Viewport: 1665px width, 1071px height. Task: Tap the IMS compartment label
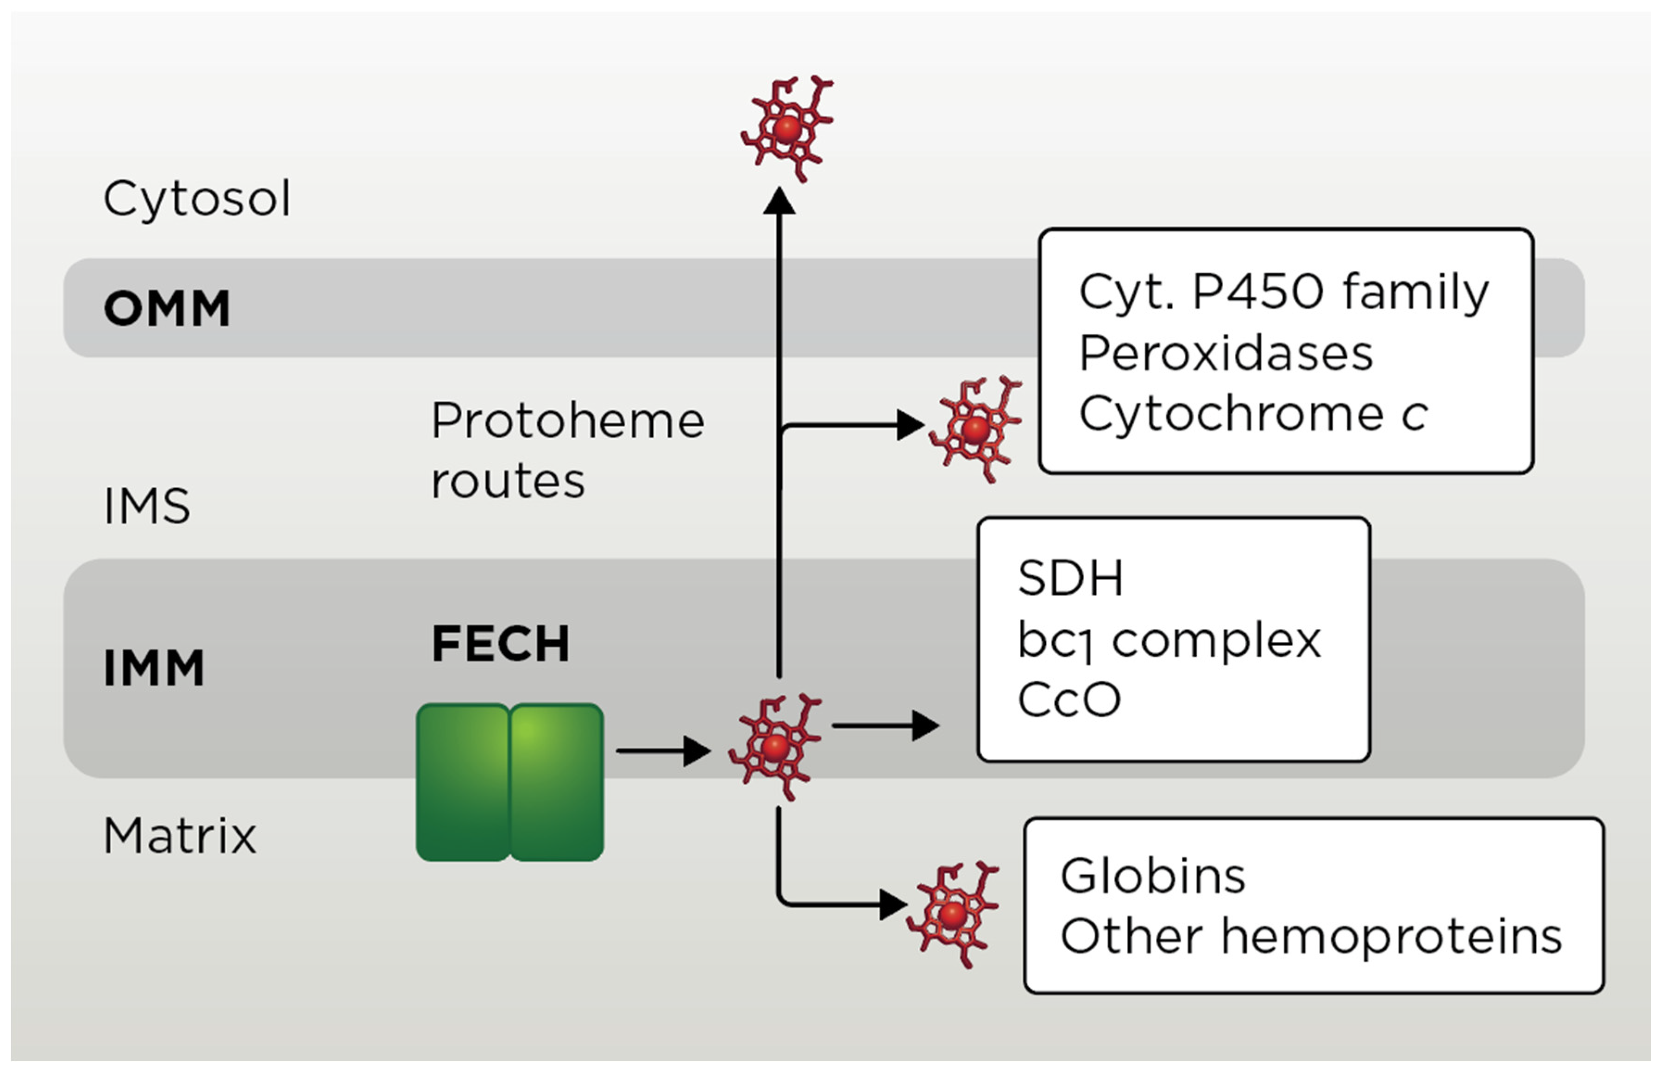click(147, 506)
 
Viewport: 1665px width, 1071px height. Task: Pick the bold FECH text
click(501, 643)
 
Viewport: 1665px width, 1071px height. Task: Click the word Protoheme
click(567, 422)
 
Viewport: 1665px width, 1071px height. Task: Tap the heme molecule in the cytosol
click(787, 129)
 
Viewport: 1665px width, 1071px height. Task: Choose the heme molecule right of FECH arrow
click(775, 748)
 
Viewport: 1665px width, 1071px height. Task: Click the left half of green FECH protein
click(462, 782)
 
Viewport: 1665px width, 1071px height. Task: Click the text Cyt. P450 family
click(1282, 292)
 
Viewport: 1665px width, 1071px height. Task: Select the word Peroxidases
click(1225, 354)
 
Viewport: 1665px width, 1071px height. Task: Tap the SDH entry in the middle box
click(1069, 578)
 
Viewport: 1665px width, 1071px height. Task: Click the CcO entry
click(1068, 699)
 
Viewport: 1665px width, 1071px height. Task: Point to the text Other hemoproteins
click(1310, 937)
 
